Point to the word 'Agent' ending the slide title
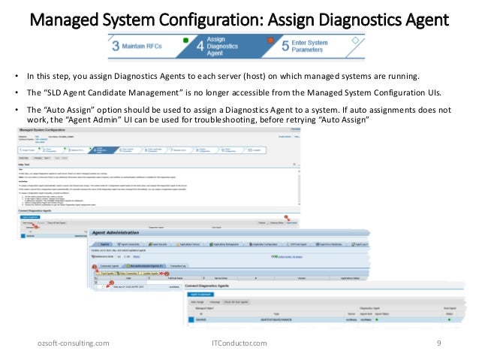point(427,15)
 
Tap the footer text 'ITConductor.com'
point(239,343)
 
